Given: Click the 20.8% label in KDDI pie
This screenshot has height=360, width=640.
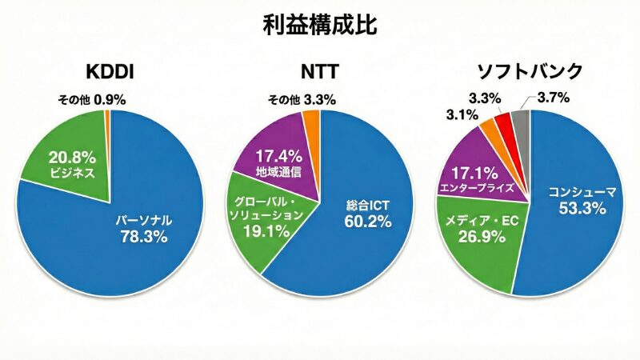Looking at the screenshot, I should (73, 158).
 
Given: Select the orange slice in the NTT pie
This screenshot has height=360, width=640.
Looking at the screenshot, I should (311, 122).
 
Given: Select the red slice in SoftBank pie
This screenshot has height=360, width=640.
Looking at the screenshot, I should (503, 125).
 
